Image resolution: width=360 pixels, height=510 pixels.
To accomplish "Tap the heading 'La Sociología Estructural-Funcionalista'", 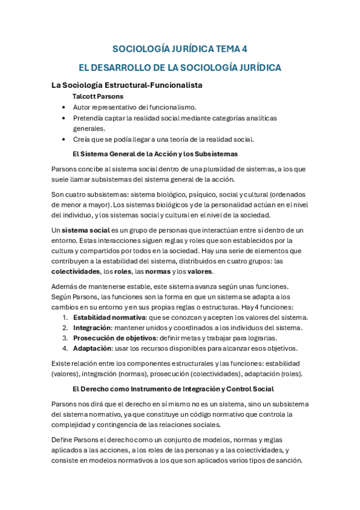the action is pyautogui.click(x=127, y=85).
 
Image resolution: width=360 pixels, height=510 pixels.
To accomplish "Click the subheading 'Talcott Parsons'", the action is pyautogui.click(x=98, y=96).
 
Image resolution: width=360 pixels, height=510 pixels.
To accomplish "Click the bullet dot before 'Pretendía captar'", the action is pyautogui.click(x=64, y=118).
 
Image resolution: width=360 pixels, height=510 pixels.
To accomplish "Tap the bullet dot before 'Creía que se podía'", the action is pyautogui.click(x=64, y=140).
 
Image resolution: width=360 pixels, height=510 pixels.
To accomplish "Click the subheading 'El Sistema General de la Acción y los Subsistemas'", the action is pyautogui.click(x=155, y=154).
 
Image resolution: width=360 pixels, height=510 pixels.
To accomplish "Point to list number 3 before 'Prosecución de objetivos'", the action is pyautogui.click(x=65, y=338).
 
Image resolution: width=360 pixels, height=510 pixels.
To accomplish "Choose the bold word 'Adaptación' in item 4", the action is pyautogui.click(x=93, y=348).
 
